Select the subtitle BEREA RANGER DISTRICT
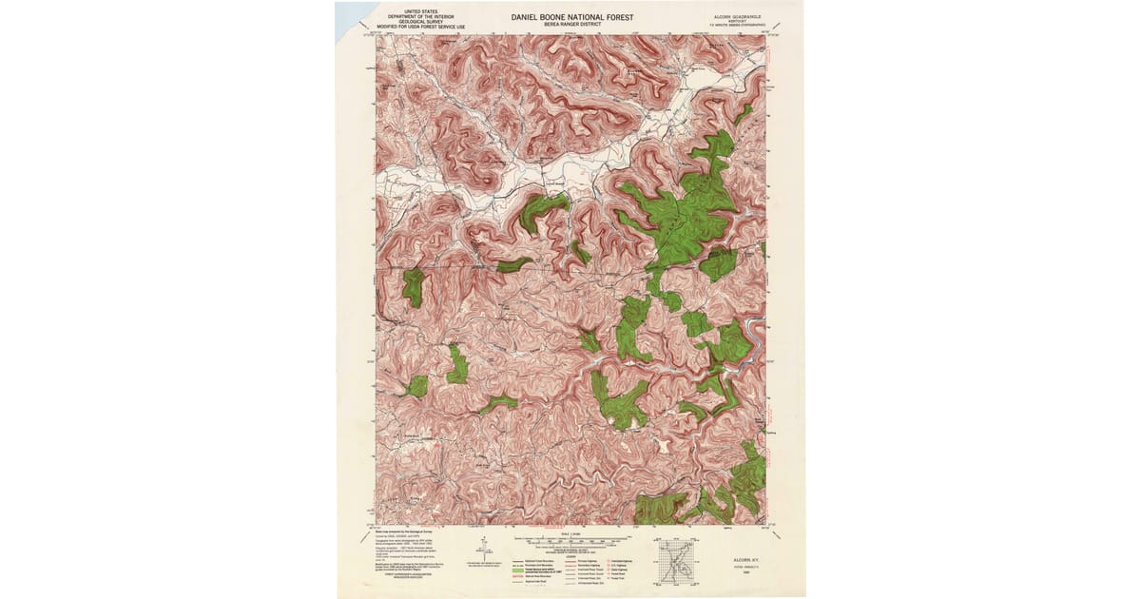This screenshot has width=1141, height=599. point(570,25)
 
